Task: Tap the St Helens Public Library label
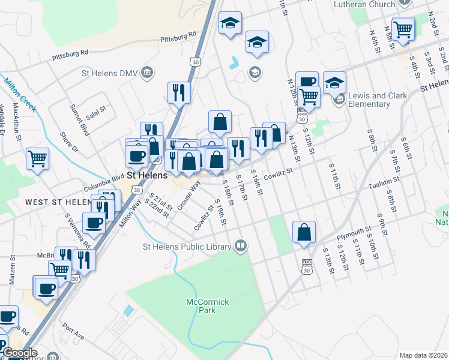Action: tap(187, 247)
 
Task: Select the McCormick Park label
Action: tap(208, 306)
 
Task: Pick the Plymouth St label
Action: tap(366, 232)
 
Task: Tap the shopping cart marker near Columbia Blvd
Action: tap(37, 159)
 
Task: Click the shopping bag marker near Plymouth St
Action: tap(304, 232)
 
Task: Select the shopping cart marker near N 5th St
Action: tap(403, 28)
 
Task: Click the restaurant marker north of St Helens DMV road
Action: tap(178, 92)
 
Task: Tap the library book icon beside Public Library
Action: tap(240, 246)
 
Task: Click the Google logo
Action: tap(20, 353)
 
